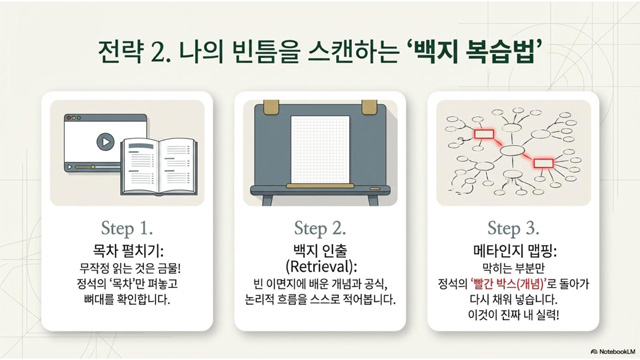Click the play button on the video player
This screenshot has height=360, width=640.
(x=105, y=142)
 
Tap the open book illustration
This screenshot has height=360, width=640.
(x=159, y=166)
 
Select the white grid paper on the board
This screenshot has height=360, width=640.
(x=320, y=149)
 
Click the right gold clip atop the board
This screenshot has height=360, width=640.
(x=369, y=107)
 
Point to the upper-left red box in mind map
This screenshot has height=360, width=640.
(x=484, y=134)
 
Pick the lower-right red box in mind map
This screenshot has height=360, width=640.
(x=544, y=163)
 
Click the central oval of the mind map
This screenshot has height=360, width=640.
(x=513, y=151)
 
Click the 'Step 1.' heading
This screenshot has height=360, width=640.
(x=127, y=228)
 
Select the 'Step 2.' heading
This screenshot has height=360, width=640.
(x=320, y=228)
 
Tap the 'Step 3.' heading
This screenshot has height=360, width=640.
(x=513, y=228)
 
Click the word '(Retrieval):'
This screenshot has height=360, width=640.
(x=321, y=267)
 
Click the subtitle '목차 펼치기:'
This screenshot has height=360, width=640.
(x=128, y=250)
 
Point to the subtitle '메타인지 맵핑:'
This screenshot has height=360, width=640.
(x=514, y=250)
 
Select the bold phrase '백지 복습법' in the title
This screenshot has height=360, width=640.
(x=474, y=51)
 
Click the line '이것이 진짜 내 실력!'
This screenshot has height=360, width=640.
(x=513, y=316)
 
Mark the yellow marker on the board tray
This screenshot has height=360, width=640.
(x=320, y=186)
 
